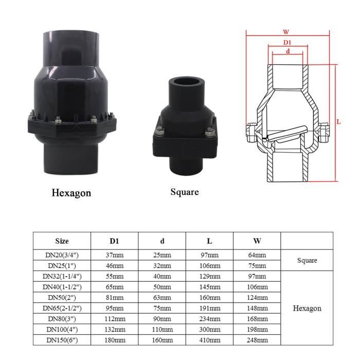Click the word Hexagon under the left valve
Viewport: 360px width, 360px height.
71,193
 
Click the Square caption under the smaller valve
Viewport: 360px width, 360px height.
184,192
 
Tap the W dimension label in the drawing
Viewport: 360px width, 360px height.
286,31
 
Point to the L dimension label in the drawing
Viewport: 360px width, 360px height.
338,122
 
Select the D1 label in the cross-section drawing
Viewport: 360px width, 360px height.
288,42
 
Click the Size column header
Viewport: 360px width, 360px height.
62,241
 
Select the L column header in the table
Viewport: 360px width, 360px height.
209,241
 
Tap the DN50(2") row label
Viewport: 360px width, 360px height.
62,297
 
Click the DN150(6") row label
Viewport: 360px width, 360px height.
62,340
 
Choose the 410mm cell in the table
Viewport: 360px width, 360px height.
209,340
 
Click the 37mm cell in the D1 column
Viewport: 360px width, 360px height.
115,255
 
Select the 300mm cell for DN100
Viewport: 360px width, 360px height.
209,329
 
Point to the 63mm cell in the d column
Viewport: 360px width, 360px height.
162,297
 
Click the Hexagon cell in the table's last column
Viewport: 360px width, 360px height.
307,309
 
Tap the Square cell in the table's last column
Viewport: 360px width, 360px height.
307,260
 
